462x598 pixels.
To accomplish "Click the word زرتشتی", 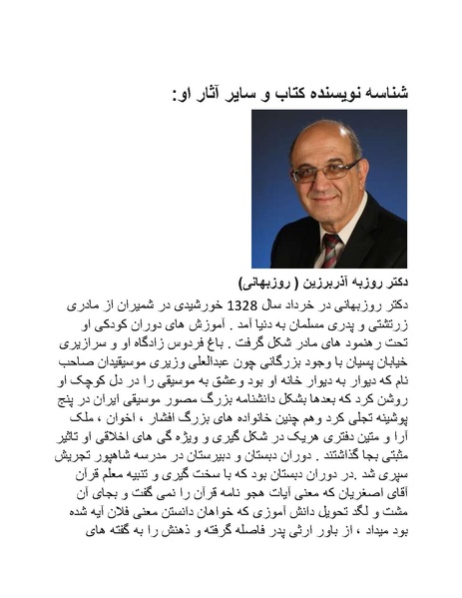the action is click(389, 323).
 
